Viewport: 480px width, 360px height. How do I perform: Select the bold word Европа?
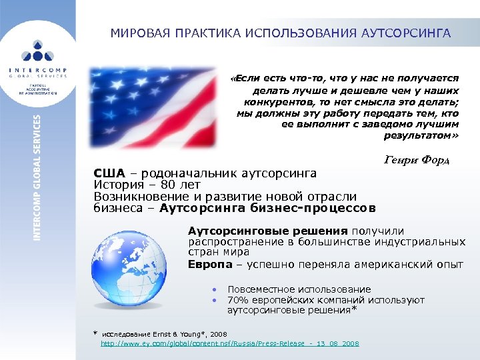(x=207, y=264)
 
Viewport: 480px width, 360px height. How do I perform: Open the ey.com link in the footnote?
(x=229, y=343)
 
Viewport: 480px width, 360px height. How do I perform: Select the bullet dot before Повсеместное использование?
(x=214, y=290)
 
